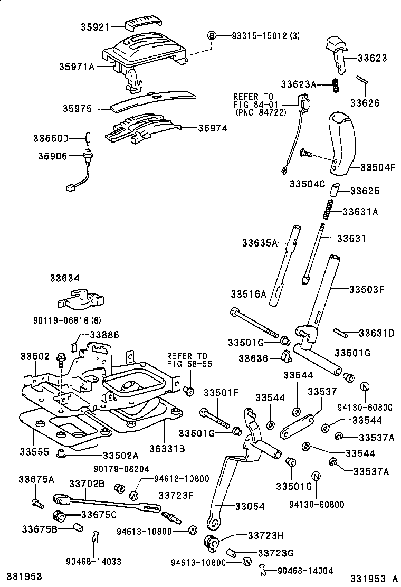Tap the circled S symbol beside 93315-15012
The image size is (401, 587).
(x=212, y=35)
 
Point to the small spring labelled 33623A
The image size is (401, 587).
(x=335, y=84)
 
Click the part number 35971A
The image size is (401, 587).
(x=77, y=67)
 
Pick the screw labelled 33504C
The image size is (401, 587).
(x=305, y=154)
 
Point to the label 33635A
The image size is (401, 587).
(x=260, y=243)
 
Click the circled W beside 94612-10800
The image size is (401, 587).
(x=133, y=495)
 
